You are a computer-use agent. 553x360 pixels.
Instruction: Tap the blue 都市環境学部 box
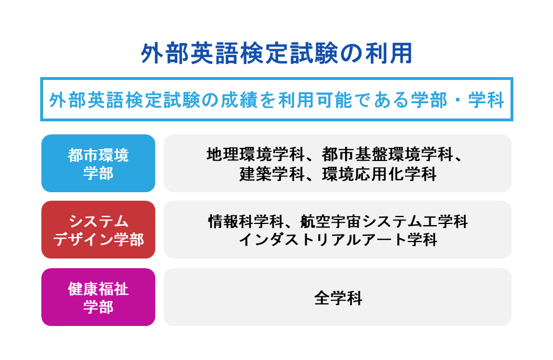tap(98, 163)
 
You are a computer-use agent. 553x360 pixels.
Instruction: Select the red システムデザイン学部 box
tap(98, 230)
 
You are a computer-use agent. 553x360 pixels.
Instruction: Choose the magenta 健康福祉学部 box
tap(98, 297)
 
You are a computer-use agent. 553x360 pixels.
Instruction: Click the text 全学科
tap(338, 298)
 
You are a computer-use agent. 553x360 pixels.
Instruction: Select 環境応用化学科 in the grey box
tap(380, 173)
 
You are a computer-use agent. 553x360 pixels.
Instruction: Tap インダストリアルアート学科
tap(338, 240)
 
